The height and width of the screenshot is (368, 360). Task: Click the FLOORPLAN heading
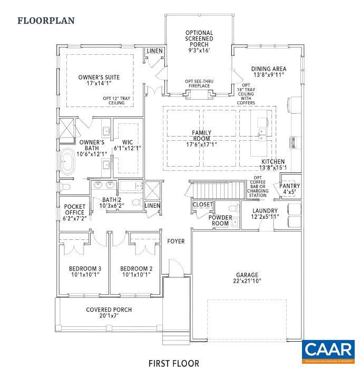(46, 21)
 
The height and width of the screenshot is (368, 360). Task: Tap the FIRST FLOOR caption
(173, 363)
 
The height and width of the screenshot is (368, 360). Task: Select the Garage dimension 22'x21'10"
(247, 282)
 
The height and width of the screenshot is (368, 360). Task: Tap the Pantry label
(289, 186)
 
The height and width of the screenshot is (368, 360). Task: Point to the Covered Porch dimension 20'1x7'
(109, 316)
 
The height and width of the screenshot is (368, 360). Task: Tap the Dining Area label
(268, 69)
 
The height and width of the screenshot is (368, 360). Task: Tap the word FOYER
(176, 241)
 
